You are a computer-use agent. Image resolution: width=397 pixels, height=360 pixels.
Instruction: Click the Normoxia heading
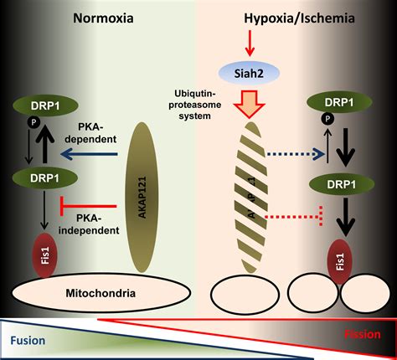click(x=103, y=18)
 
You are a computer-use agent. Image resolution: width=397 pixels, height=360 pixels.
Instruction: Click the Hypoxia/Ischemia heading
click(x=299, y=18)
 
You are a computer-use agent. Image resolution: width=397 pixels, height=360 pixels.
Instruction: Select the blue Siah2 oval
click(x=249, y=74)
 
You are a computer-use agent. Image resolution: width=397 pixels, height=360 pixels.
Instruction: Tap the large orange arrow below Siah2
click(x=249, y=104)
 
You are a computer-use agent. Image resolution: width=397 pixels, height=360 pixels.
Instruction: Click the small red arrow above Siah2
click(x=250, y=44)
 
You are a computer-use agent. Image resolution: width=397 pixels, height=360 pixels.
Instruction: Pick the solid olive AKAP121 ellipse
click(x=142, y=198)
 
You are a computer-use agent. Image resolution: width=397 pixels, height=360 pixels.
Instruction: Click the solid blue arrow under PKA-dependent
click(x=89, y=154)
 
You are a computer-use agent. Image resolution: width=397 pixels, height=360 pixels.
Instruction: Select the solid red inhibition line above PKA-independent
click(x=88, y=206)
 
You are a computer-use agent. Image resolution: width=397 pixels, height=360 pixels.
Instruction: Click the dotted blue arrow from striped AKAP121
click(x=296, y=154)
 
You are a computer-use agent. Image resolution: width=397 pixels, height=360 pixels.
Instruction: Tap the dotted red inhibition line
click(x=294, y=216)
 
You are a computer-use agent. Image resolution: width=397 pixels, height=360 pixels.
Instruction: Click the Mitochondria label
click(x=101, y=293)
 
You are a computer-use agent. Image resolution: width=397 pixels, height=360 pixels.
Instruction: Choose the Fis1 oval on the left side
click(x=45, y=255)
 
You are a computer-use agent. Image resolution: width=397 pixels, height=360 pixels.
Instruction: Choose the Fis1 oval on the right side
click(x=340, y=262)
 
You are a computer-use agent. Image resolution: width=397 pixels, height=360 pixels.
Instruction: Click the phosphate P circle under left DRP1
click(x=34, y=122)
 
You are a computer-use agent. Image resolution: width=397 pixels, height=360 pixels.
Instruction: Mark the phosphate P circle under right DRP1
click(x=327, y=119)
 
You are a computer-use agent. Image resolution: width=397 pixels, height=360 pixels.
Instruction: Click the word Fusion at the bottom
click(x=28, y=341)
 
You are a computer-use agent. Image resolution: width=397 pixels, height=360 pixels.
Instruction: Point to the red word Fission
click(x=363, y=334)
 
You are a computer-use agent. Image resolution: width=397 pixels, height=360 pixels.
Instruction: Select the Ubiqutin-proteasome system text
click(x=195, y=105)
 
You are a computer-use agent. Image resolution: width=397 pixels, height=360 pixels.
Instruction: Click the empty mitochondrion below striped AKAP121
click(x=245, y=294)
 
